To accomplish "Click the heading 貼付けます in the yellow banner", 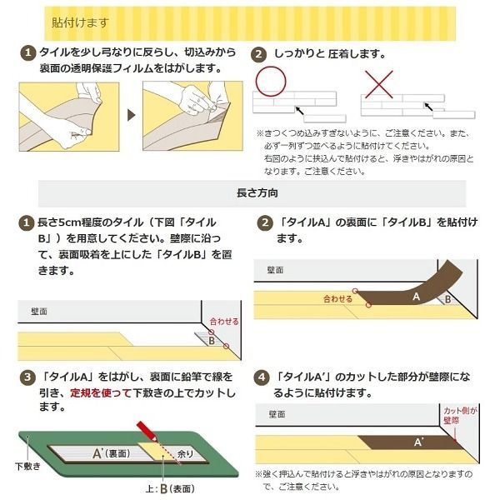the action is (x=80, y=23).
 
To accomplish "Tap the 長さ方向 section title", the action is (x=257, y=193).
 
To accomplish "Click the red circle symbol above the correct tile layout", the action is (x=271, y=82).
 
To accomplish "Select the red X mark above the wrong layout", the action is (x=379, y=84).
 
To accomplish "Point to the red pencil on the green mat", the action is (x=147, y=432).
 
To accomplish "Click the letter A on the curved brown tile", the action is (x=416, y=297).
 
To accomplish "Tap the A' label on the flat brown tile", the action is (x=418, y=442).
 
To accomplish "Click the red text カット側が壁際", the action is (x=460, y=416).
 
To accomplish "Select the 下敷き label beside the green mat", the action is (x=27, y=466).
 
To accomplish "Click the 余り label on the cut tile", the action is (x=186, y=454).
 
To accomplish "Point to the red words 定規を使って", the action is (x=101, y=392).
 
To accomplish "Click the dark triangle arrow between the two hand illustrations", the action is (x=131, y=115).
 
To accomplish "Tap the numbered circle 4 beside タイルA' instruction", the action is (x=262, y=377).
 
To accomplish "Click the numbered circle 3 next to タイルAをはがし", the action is (x=27, y=377).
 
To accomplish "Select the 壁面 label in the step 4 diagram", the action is (x=277, y=414).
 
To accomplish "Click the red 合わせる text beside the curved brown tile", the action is (x=337, y=299).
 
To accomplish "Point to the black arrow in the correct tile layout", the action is (x=299, y=111).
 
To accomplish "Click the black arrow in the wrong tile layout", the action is (x=428, y=107).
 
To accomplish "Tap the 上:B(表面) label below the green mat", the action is (x=170, y=489).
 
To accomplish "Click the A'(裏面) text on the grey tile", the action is (x=112, y=453).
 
